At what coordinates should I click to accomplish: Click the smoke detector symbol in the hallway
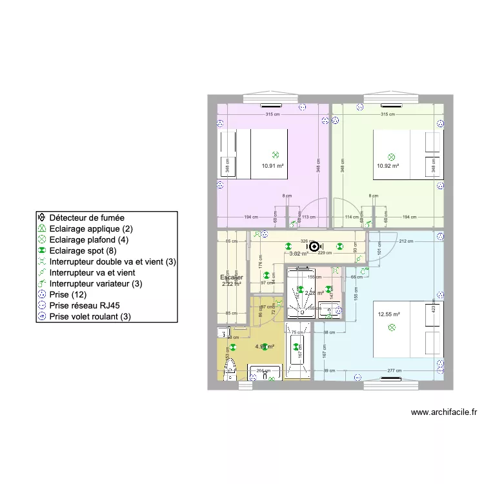click(x=314, y=245)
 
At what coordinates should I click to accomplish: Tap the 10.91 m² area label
click(x=273, y=165)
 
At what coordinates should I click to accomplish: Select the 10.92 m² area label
click(x=388, y=165)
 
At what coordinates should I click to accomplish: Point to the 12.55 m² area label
click(x=389, y=314)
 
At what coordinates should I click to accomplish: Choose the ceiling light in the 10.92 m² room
click(x=391, y=156)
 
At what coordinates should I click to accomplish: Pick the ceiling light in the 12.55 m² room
click(x=391, y=328)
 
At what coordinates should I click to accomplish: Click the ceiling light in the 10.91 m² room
click(x=275, y=155)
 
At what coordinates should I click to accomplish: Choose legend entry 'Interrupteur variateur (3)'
click(x=105, y=283)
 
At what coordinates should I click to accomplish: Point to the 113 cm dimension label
click(x=309, y=217)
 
